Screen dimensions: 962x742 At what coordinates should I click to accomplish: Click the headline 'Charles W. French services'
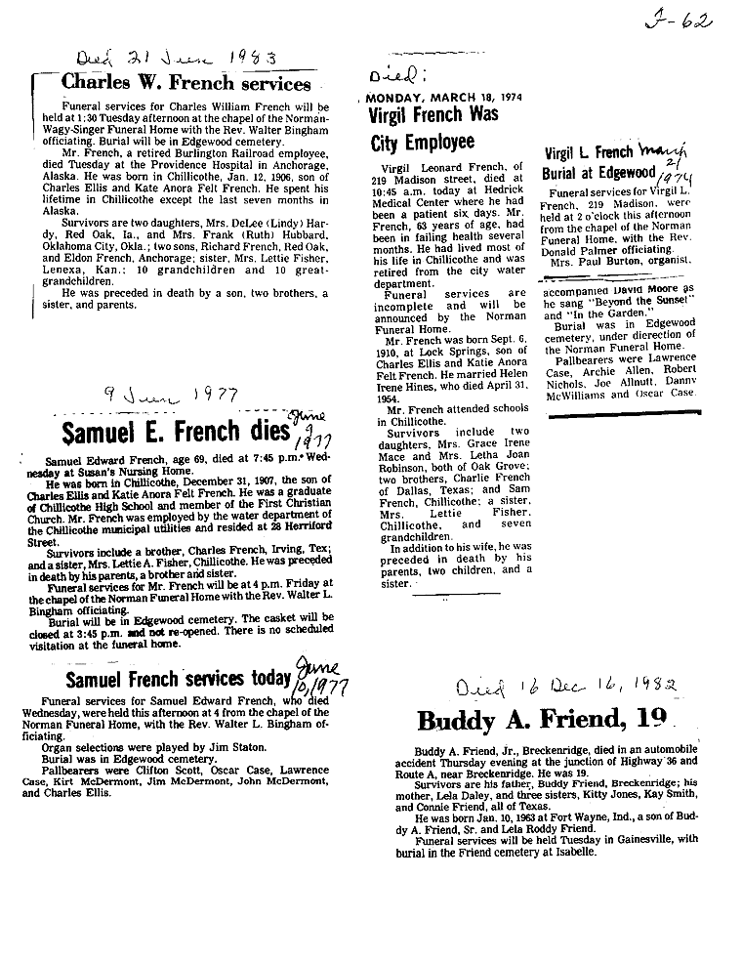[185, 83]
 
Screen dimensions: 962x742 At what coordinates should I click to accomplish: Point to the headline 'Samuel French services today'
[178, 678]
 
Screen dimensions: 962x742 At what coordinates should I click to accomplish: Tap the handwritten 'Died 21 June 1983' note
[178, 54]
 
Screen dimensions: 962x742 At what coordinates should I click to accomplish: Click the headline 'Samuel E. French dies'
[176, 430]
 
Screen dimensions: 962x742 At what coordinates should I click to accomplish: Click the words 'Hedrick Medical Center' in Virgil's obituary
[430, 204]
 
